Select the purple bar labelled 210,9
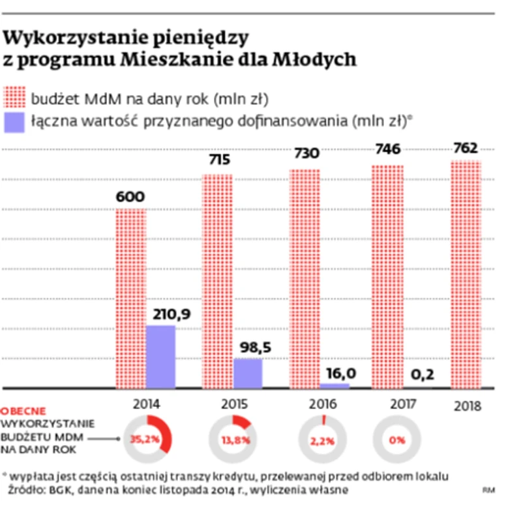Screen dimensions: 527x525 click(x=160, y=357)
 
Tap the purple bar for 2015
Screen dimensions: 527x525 click(x=247, y=373)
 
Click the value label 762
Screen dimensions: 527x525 click(x=466, y=147)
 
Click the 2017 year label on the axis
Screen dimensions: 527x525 click(x=404, y=404)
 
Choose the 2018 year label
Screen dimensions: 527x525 click(x=467, y=406)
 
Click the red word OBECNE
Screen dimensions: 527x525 click(x=23, y=411)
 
